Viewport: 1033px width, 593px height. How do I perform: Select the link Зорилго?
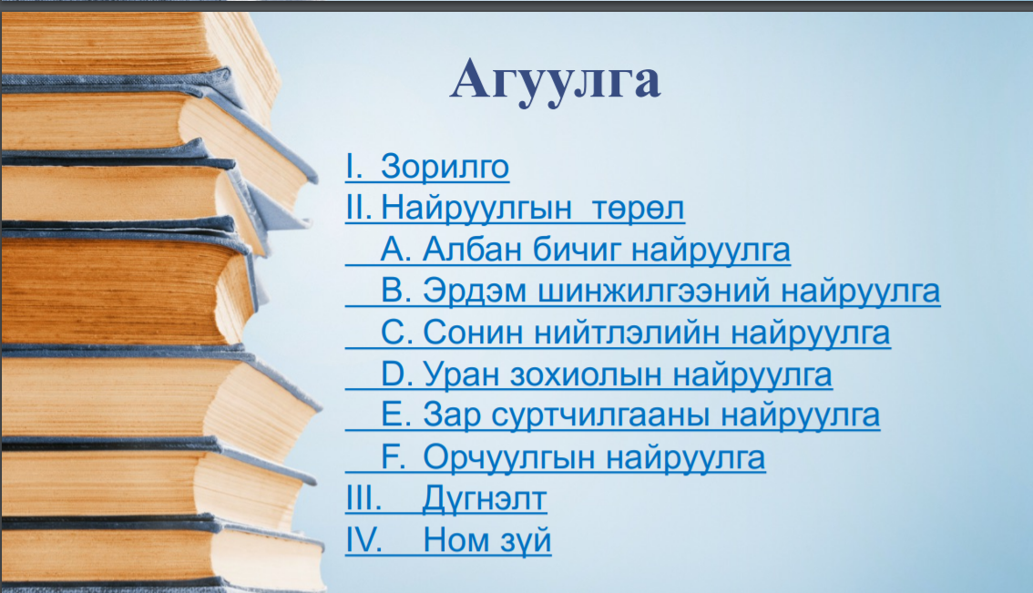tap(445, 166)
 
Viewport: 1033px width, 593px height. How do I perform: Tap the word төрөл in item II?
tap(638, 209)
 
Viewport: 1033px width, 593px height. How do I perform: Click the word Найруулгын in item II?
tap(476, 209)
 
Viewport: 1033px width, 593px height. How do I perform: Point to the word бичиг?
tap(577, 250)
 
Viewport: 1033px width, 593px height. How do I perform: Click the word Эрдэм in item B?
tap(475, 291)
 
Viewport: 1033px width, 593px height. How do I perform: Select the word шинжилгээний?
tap(653, 291)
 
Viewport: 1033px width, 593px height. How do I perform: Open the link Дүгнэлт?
tap(485, 499)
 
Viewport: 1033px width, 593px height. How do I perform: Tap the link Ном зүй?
tap(486, 540)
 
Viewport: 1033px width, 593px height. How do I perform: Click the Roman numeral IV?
tap(363, 540)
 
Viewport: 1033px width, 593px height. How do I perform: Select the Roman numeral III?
tap(363, 499)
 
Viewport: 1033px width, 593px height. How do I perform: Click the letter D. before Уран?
tap(397, 374)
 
